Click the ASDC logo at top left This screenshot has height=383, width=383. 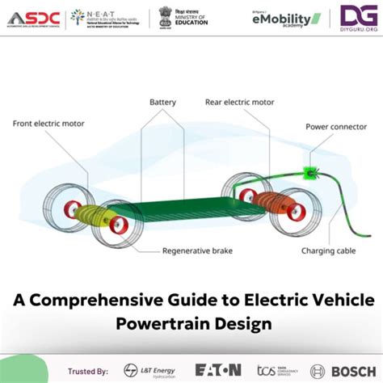[x=32, y=17]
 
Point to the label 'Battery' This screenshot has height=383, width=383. [x=162, y=103]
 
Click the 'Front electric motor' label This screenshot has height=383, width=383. [x=48, y=124]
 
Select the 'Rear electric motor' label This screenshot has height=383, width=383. [x=240, y=103]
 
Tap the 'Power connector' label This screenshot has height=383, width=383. [x=331, y=127]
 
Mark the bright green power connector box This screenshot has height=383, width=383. [x=308, y=172]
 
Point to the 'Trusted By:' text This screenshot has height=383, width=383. [x=90, y=370]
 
